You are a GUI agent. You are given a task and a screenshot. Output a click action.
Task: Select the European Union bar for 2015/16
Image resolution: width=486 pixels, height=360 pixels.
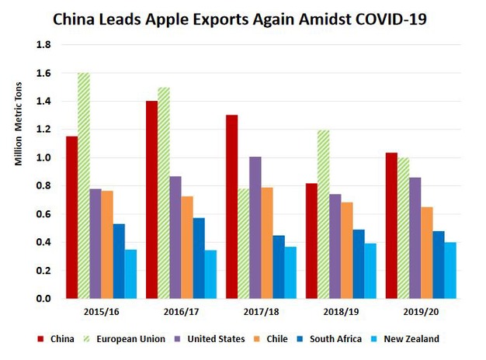pyautogui.click(x=84, y=186)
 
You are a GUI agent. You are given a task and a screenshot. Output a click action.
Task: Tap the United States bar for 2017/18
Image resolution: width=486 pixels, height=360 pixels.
pyautogui.click(x=255, y=228)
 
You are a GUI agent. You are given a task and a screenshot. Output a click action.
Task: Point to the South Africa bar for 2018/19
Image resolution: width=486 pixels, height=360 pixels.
pyautogui.click(x=358, y=264)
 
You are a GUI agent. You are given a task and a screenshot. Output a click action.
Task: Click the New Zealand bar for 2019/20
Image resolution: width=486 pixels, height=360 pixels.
pyautogui.click(x=450, y=271)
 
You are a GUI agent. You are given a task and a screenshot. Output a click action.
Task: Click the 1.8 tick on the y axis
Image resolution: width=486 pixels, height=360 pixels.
pyautogui.click(x=44, y=45)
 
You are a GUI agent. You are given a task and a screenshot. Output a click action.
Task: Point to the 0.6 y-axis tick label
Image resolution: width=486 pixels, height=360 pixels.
pyautogui.click(x=44, y=214)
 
